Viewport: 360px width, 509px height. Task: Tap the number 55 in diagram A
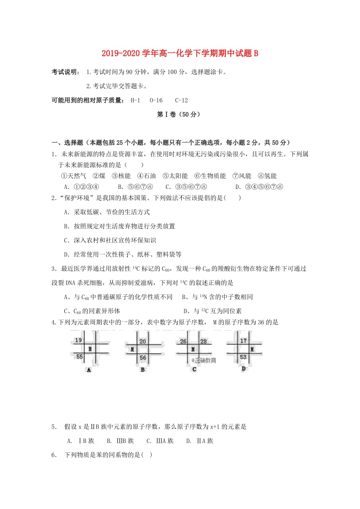[x=79, y=357]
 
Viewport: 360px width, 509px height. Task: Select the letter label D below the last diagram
[x=243, y=369]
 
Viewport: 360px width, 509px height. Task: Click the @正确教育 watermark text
[x=203, y=360]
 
